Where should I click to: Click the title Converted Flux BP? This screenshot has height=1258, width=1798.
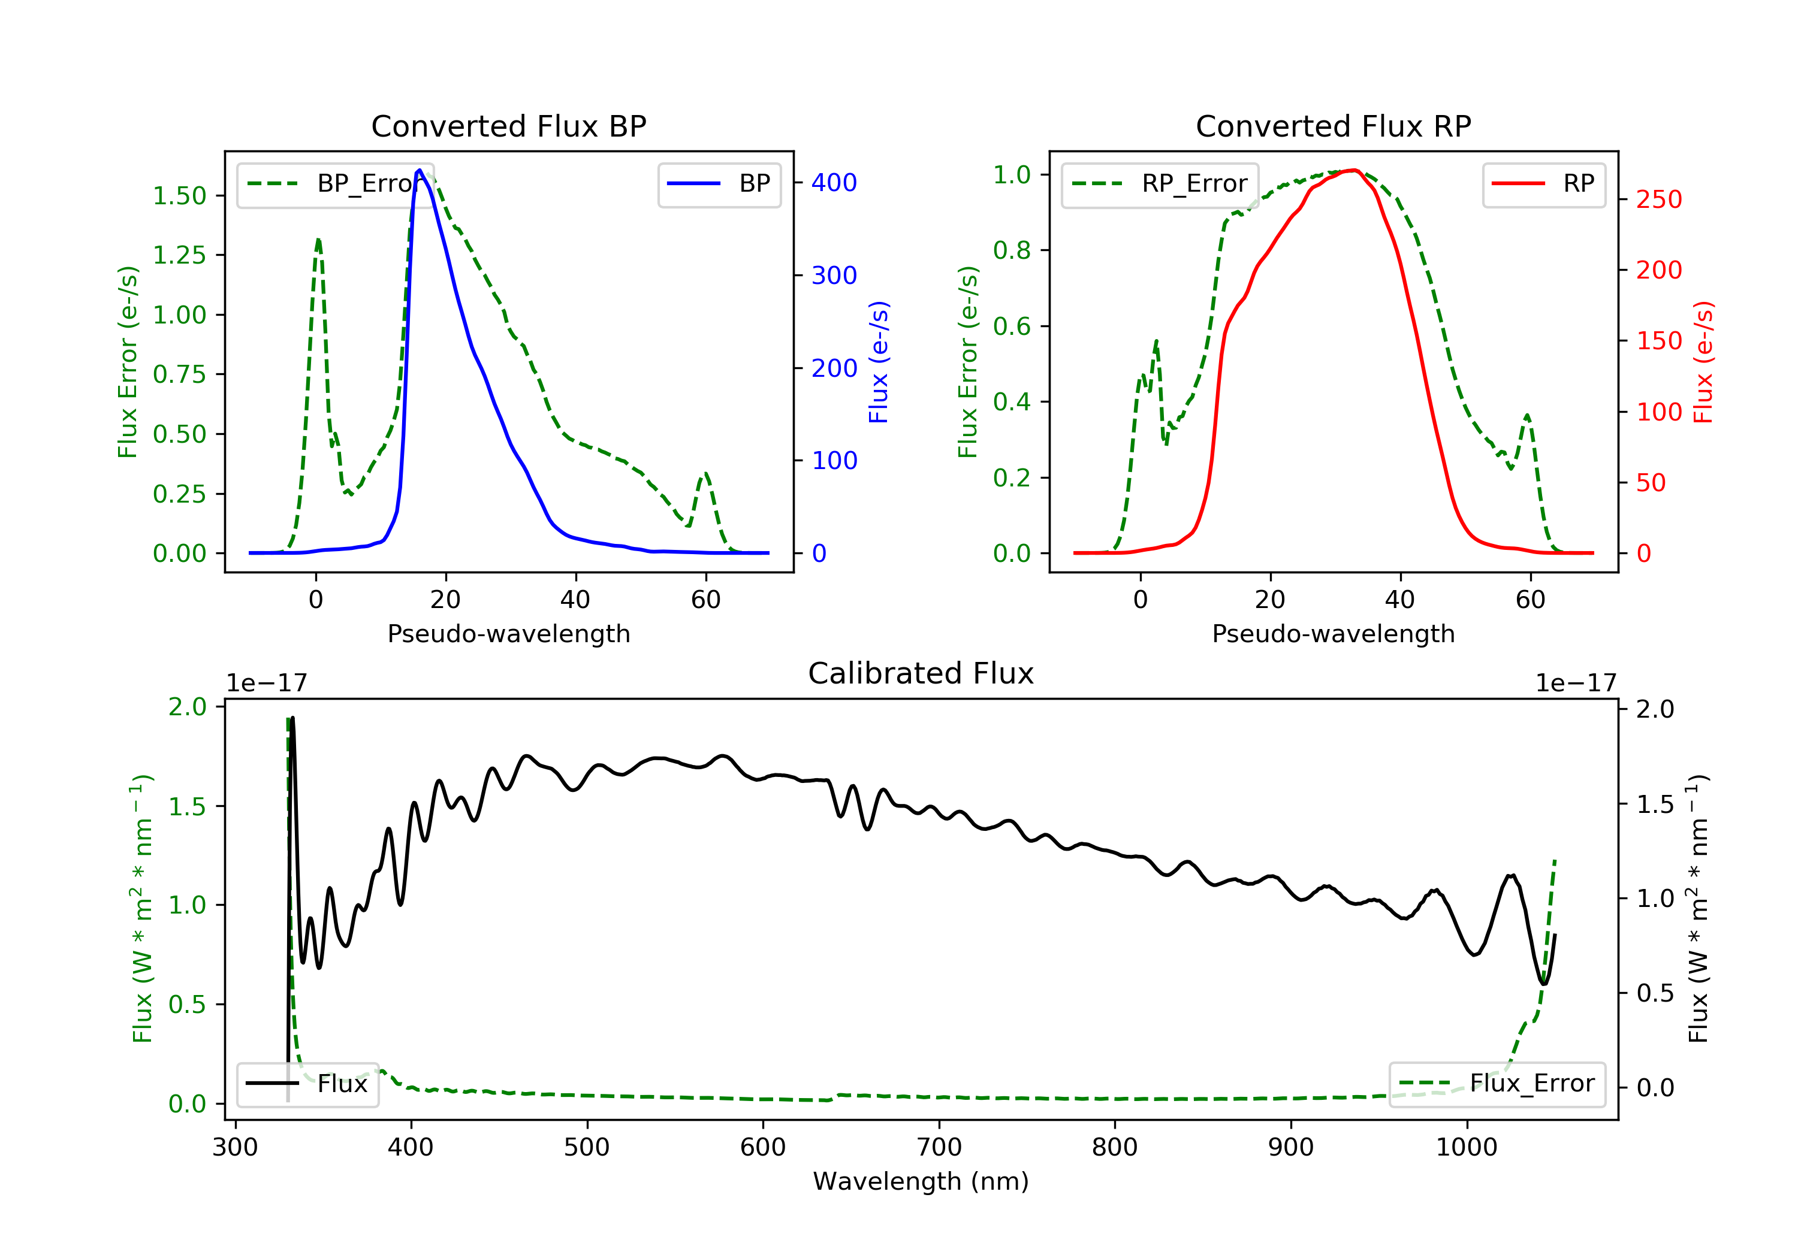tap(508, 126)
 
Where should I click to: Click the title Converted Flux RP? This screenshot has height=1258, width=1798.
tap(1333, 126)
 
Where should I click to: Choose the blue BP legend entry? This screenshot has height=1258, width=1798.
tap(719, 184)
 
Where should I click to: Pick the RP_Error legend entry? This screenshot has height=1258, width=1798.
tap(1159, 184)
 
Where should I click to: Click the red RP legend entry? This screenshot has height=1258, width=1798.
tap(1543, 184)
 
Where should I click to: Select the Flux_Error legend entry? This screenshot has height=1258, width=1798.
tap(1497, 1084)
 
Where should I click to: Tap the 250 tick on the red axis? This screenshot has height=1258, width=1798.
tap(1658, 199)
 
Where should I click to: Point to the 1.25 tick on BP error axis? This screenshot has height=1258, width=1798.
tap(179, 255)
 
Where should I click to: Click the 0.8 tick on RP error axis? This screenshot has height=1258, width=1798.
tap(1012, 250)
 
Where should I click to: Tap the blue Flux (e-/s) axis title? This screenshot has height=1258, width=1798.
tap(879, 362)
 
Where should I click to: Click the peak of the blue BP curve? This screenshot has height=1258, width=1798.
tap(420, 170)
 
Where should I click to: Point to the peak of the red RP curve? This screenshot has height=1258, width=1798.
tap(1354, 170)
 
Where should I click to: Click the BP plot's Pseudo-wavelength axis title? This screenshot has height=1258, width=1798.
tap(508, 633)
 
